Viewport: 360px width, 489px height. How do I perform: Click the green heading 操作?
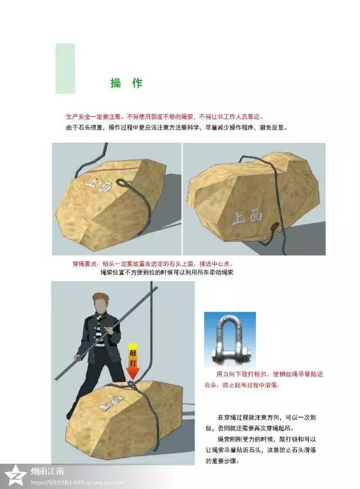(x=126, y=83)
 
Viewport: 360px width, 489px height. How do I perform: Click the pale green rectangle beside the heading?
(x=65, y=68)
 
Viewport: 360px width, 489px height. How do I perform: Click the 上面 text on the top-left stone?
(x=100, y=183)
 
